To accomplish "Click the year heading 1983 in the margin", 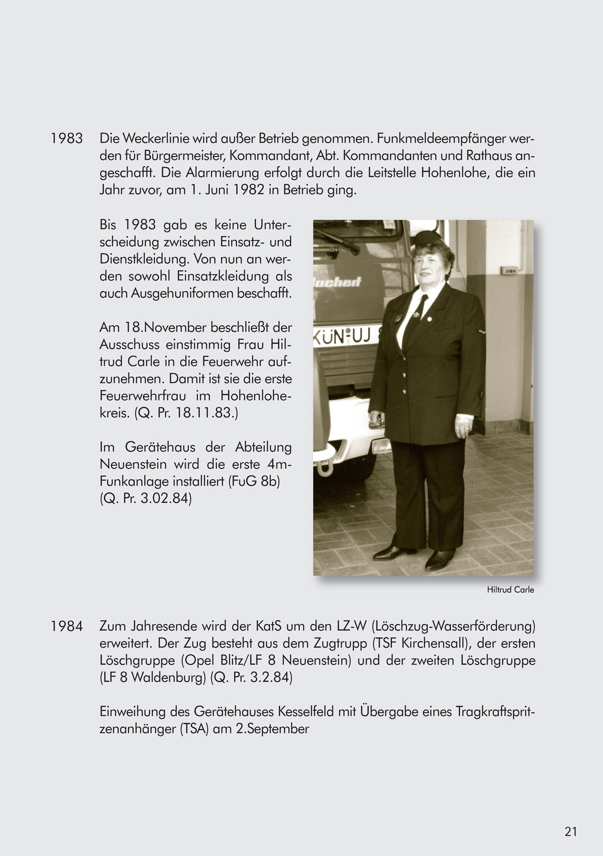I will (x=66, y=138).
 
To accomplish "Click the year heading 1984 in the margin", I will (x=66, y=626).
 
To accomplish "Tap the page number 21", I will (x=570, y=831).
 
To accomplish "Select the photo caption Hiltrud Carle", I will (x=510, y=590).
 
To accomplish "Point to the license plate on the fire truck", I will (x=347, y=337).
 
